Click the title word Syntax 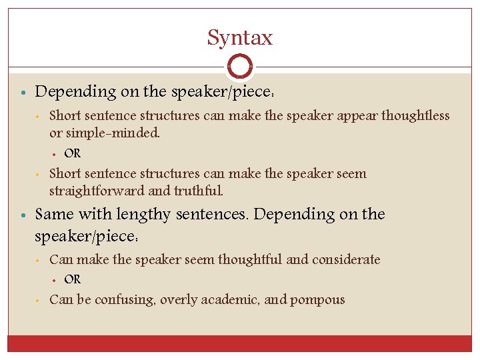pyautogui.click(x=239, y=38)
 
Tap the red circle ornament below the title pyautogui.click(x=239, y=67)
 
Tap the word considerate pyautogui.click(x=345, y=259)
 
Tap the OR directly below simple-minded pyautogui.click(x=73, y=153)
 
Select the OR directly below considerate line pyautogui.click(x=73, y=279)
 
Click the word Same pyautogui.click(x=52, y=215)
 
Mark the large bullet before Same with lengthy pyautogui.click(x=23, y=215)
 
